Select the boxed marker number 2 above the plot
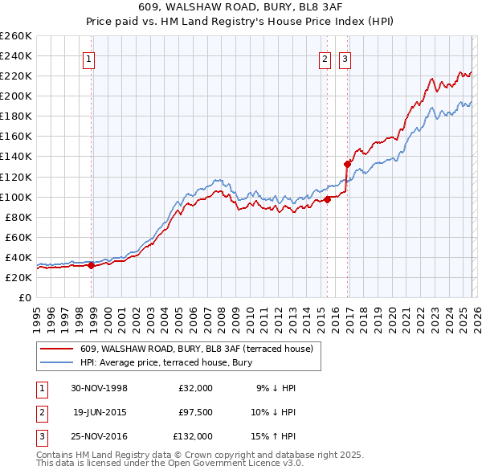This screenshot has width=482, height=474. [x=325, y=59]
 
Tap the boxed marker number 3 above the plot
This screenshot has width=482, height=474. [x=345, y=59]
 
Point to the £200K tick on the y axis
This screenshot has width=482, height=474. [x=16, y=96]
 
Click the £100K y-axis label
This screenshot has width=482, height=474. [x=16, y=197]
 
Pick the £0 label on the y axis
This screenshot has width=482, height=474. [x=26, y=297]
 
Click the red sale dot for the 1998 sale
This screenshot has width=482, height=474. [x=92, y=265]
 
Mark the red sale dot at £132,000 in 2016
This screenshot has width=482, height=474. [x=348, y=164]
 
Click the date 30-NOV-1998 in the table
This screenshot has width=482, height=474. [x=100, y=388]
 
